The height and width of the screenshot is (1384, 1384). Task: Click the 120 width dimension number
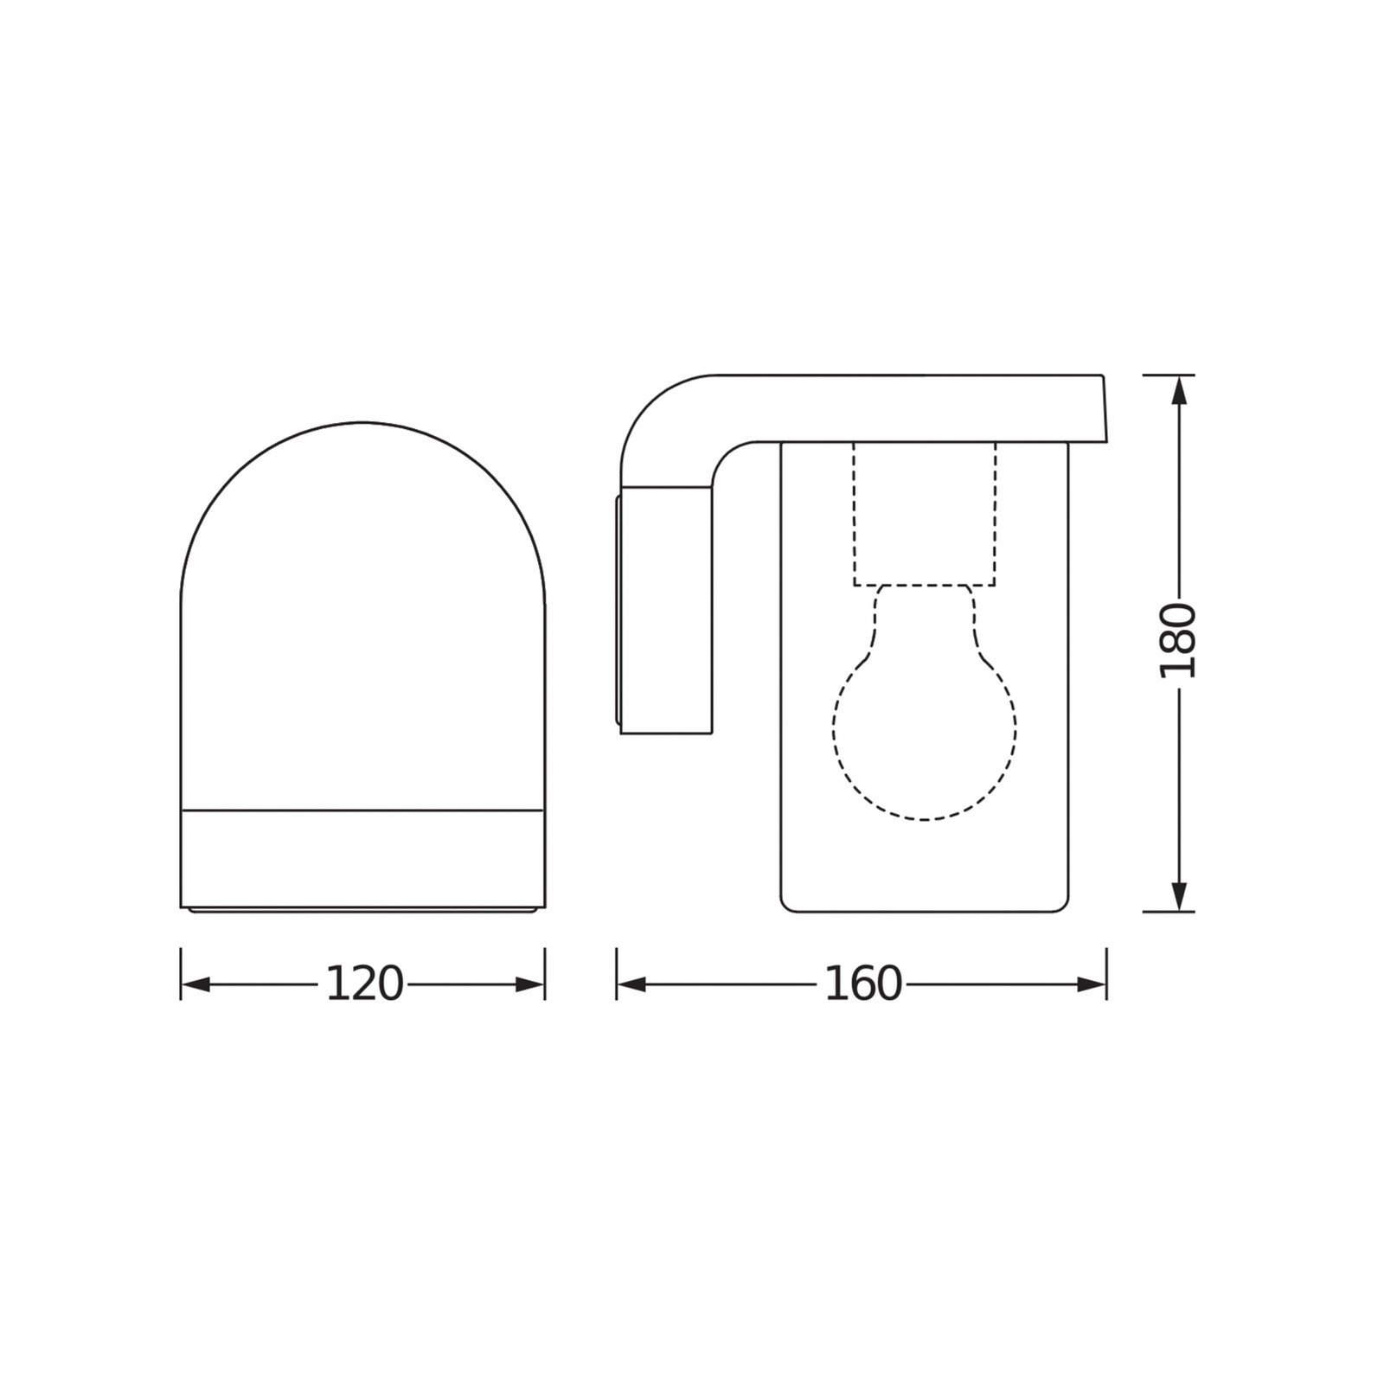click(364, 984)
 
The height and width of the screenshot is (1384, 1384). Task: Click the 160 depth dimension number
click(862, 984)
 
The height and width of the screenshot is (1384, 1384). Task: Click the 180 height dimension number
click(1178, 642)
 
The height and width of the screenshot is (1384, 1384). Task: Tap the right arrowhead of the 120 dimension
click(529, 984)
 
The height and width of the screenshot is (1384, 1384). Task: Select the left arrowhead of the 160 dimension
click(632, 984)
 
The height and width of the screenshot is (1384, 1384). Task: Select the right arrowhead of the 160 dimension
click(1092, 984)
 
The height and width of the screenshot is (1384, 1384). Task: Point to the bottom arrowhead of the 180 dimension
click(1178, 895)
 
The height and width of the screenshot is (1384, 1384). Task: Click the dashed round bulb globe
click(924, 735)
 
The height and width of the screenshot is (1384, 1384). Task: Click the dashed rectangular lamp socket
click(924, 515)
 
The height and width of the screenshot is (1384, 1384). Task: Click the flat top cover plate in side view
click(908, 407)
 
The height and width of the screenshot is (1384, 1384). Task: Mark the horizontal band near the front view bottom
click(363, 856)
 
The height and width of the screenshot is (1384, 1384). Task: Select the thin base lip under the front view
click(363, 911)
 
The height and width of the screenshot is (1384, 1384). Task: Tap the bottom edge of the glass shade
click(924, 911)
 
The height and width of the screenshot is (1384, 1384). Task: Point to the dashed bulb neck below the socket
click(924, 605)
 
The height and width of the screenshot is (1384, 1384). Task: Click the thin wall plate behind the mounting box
click(618, 610)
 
